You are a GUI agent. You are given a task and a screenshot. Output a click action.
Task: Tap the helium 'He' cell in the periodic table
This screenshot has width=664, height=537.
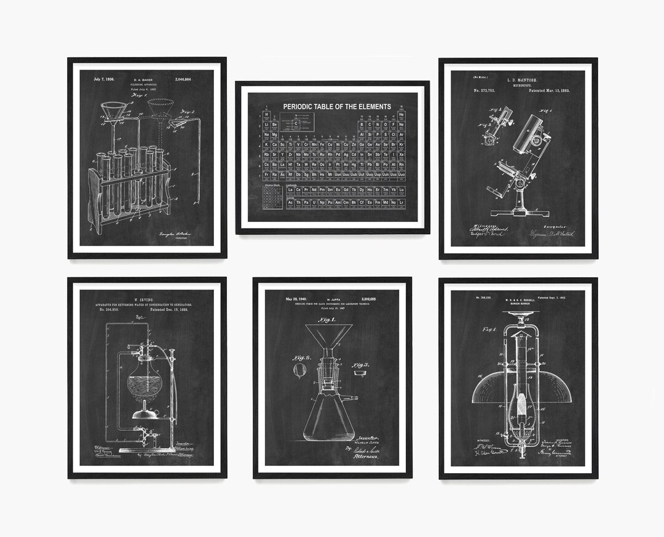(x=401, y=115)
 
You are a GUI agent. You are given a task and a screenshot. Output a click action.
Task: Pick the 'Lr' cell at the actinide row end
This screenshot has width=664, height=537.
(x=401, y=202)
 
